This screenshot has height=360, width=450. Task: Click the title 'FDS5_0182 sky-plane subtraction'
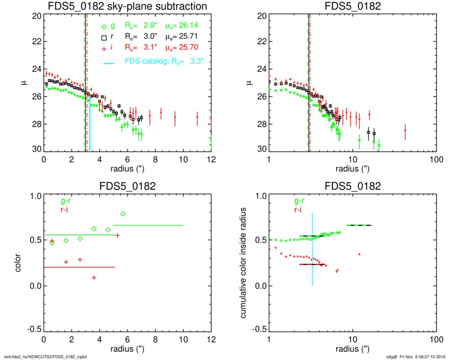[127, 7]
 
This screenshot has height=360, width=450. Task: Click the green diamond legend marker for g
[104, 27]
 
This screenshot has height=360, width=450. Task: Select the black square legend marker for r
[104, 38]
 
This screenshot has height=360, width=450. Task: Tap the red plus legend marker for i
[104, 48]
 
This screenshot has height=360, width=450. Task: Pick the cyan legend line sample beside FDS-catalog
[108, 62]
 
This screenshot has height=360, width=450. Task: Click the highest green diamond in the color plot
[123, 214]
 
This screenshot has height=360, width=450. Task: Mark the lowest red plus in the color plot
[94, 277]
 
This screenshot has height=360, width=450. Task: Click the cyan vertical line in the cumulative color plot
[312, 244]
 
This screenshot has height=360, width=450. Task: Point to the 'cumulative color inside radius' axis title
[245, 263]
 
